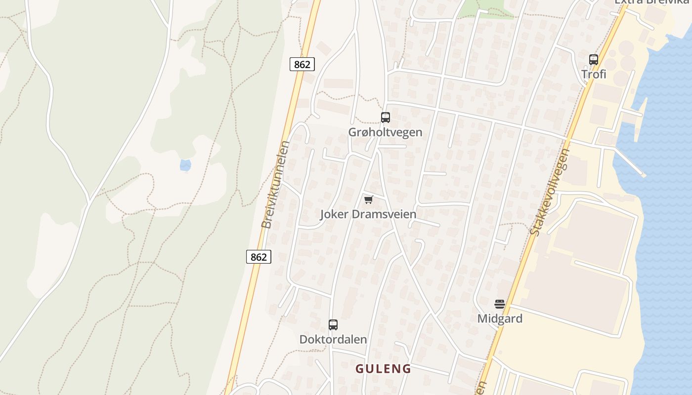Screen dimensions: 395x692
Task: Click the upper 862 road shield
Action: [302, 64]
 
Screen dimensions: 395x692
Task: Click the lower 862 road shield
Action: [259, 257]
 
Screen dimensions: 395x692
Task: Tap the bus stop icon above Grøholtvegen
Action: [386, 118]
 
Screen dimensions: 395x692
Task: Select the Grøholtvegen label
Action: [386, 132]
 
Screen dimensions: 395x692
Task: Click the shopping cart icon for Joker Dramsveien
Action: [368, 199]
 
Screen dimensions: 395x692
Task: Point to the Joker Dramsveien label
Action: [368, 214]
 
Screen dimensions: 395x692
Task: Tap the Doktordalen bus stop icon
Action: [333, 325]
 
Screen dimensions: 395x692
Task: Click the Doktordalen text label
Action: [333, 340]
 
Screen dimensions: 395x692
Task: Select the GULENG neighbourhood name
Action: [384, 369]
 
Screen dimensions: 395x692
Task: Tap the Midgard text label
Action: [500, 318]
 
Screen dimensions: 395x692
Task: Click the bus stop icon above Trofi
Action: [594, 60]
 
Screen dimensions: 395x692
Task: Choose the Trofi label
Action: [594, 75]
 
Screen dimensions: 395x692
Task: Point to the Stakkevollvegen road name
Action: [550, 193]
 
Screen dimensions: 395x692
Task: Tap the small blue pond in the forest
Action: [185, 165]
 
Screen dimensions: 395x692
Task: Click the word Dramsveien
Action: [384, 214]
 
